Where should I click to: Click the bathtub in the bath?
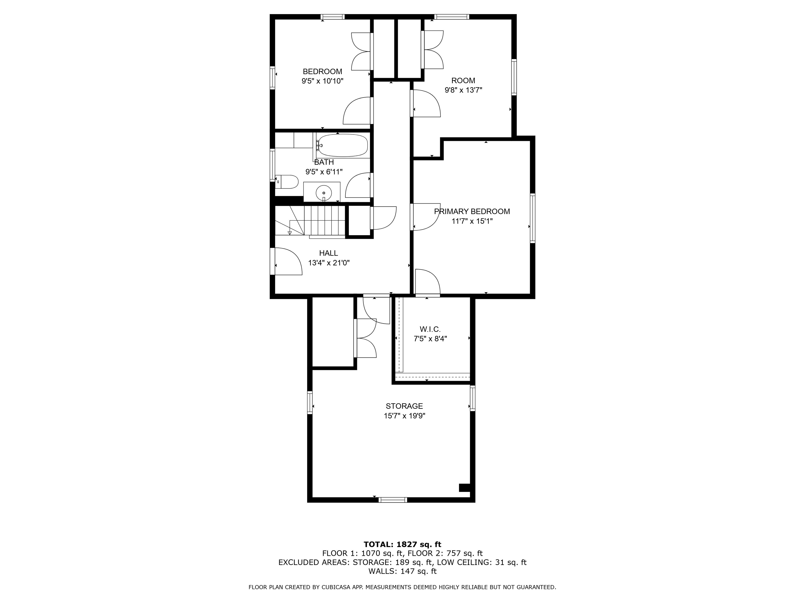coord(341,146)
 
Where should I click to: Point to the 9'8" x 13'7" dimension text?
coord(463,90)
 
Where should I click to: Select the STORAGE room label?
coord(404,406)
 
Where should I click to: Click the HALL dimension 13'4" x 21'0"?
coord(329,263)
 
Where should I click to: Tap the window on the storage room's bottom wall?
coord(393,500)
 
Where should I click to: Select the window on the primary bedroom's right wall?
coord(532,218)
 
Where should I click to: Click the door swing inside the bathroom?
coord(358,186)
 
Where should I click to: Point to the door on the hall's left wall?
coord(287,261)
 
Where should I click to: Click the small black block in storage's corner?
coord(464,488)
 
